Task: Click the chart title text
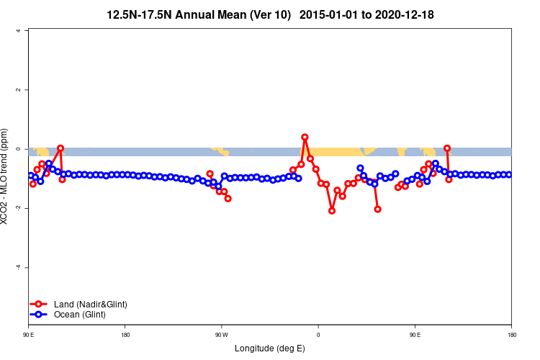click(x=270, y=14)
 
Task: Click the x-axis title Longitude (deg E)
click(x=270, y=348)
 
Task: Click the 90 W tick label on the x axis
click(x=221, y=335)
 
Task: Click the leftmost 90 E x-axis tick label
click(x=29, y=335)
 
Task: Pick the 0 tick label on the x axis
click(x=318, y=335)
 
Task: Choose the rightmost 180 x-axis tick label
click(x=511, y=335)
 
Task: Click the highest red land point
click(x=305, y=137)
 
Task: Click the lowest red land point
click(x=332, y=211)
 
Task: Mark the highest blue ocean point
click(x=436, y=163)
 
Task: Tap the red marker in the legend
click(x=33, y=305)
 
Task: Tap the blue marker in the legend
click(x=33, y=315)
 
